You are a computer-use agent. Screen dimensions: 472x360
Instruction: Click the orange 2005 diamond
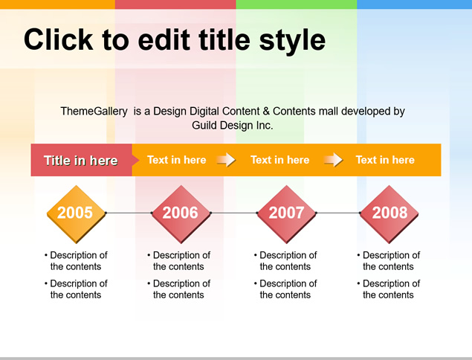[77, 214]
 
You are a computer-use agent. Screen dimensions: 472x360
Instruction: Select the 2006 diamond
[181, 214]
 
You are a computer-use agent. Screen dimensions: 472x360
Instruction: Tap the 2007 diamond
[286, 214]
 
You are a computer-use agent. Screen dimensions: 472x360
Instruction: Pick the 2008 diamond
[389, 214]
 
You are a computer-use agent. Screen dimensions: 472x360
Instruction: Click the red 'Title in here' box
[81, 160]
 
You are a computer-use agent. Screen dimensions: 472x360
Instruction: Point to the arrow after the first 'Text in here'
[227, 160]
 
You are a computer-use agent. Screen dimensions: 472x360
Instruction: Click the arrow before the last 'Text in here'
[334, 160]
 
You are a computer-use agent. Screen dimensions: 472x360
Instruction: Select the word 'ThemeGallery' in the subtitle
[94, 111]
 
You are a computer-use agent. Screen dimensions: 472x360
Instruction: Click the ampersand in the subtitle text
[266, 111]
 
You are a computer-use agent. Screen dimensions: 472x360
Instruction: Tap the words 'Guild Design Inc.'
[233, 125]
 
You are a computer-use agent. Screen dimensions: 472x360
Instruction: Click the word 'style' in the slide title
[292, 39]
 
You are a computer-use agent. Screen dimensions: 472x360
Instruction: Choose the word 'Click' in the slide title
[59, 39]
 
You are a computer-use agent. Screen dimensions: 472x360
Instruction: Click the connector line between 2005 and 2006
[129, 213]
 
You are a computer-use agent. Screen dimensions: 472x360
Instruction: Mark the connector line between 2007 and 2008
[337, 213]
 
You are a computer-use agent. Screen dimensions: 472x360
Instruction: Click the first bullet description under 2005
[76, 260]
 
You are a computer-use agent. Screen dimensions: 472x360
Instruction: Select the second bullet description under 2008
[389, 289]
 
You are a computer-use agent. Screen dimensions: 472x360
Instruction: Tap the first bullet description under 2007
[285, 260]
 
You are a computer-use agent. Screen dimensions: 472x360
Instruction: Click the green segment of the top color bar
[297, 4]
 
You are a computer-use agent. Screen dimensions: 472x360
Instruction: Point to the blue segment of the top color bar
[415, 4]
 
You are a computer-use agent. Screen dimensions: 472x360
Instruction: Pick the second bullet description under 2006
[179, 289]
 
